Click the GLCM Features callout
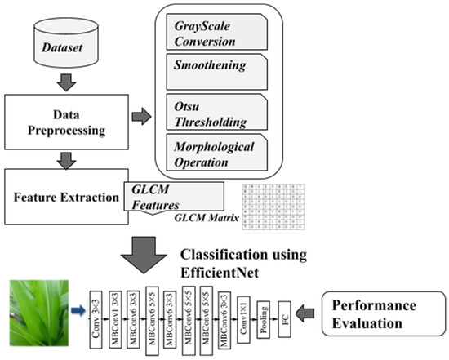[174, 196]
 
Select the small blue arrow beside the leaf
[78, 310]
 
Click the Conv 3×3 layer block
[96, 312]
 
